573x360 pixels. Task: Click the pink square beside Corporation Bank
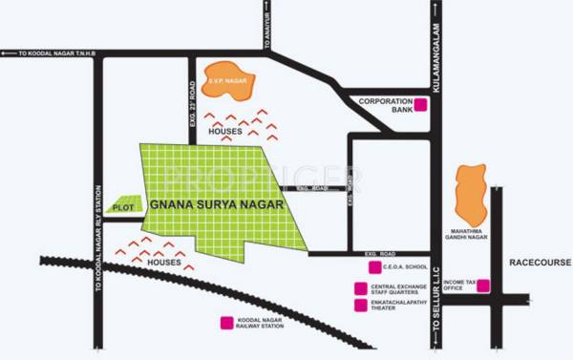click(x=421, y=105)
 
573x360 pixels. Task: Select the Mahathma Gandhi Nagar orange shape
click(x=469, y=196)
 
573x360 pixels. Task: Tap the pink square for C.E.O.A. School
click(x=360, y=269)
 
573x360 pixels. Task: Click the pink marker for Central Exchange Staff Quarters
click(x=360, y=287)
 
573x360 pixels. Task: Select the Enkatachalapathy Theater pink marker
click(x=360, y=306)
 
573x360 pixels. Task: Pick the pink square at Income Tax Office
click(x=483, y=285)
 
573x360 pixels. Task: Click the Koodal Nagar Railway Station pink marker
click(x=226, y=323)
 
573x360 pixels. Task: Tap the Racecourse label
click(x=539, y=261)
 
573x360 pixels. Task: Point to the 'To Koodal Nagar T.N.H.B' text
click(x=57, y=54)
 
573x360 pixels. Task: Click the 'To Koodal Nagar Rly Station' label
click(x=101, y=260)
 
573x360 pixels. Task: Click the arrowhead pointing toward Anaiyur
click(x=268, y=7)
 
